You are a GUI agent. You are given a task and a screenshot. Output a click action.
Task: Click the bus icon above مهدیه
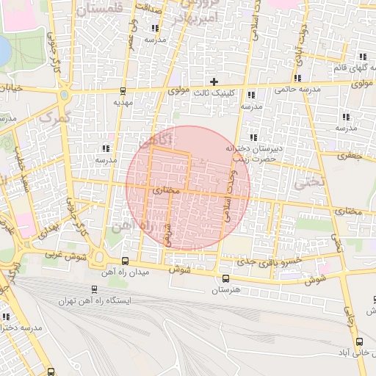click(122, 91)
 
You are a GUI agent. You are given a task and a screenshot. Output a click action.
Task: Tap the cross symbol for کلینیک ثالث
click(214, 81)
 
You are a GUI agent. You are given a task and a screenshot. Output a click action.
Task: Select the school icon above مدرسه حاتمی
click(297, 78)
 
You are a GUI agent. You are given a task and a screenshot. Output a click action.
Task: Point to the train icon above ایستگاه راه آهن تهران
click(94, 289)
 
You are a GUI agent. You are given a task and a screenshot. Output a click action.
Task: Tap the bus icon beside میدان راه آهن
click(124, 261)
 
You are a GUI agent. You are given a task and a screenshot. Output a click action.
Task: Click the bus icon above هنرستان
click(225, 278)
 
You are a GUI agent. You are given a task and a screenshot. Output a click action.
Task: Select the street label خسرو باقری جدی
click(283, 261)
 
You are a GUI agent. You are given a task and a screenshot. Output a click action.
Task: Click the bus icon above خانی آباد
click(359, 341)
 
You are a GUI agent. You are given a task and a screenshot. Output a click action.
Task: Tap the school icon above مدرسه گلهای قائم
click(363, 57)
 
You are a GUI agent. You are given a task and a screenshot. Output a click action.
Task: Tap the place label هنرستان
click(225, 291)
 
